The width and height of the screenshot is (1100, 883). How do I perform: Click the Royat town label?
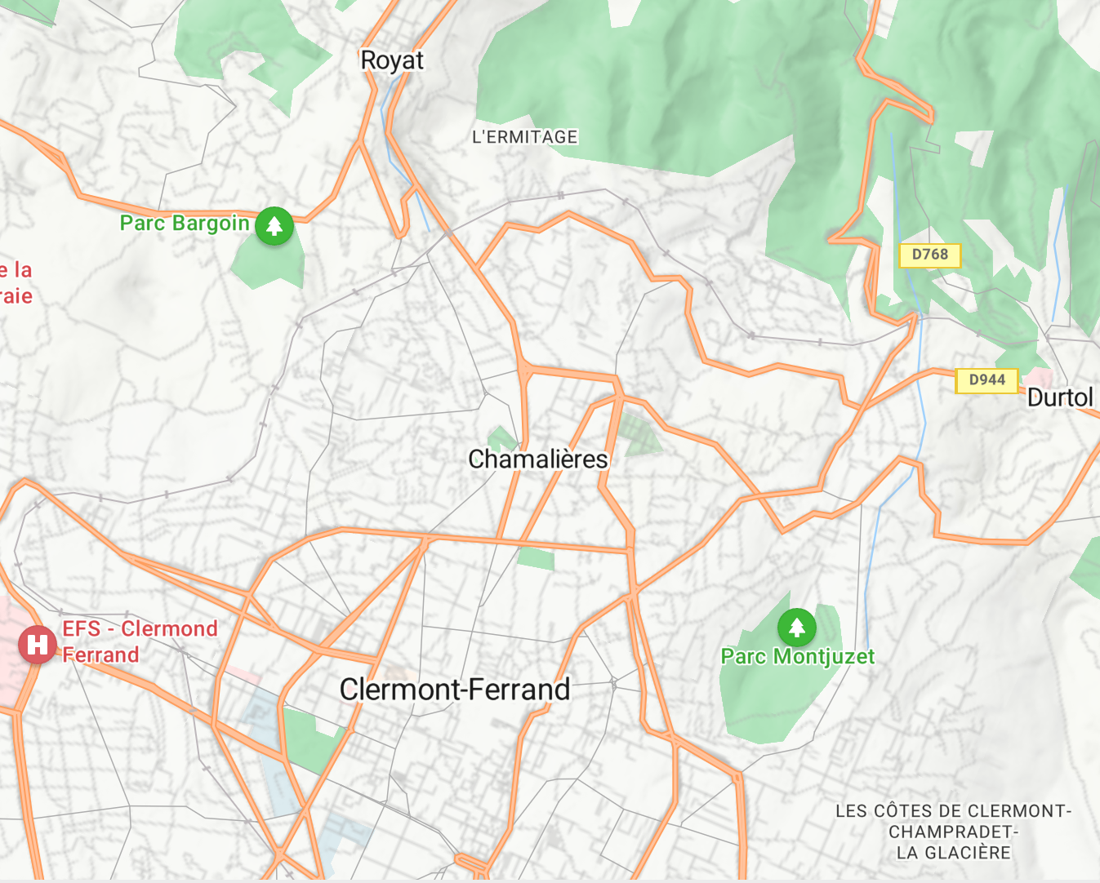click(392, 60)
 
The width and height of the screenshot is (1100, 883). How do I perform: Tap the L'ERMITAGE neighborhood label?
click(524, 137)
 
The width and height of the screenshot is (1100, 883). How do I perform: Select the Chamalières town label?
click(537, 459)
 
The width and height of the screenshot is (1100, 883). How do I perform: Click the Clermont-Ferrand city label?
click(455, 690)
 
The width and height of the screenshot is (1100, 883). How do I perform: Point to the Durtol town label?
click(1059, 397)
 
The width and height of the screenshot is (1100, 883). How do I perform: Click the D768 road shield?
click(929, 255)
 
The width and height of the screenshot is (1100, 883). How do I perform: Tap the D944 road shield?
click(986, 379)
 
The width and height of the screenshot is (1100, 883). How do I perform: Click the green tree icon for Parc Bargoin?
click(274, 225)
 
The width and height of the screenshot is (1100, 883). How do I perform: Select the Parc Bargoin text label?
click(185, 223)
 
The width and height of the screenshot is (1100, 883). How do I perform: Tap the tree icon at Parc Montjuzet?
click(796, 628)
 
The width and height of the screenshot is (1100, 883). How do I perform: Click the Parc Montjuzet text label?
click(797, 657)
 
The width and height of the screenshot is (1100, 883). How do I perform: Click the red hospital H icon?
click(37, 645)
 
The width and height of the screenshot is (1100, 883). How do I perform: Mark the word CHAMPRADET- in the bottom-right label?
click(953, 832)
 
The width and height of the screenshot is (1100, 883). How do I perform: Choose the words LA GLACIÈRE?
click(953, 853)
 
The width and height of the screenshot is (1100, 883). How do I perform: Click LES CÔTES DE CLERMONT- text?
click(953, 811)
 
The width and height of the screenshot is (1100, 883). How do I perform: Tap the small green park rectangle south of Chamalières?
click(536, 559)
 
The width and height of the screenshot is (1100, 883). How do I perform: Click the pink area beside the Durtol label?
click(1039, 376)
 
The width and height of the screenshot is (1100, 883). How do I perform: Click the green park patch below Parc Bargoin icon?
click(269, 265)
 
